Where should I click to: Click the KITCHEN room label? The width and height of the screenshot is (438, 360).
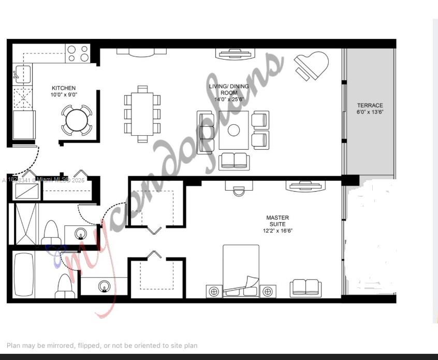click(x=63, y=92)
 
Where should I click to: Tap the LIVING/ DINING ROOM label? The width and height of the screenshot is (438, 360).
click(x=228, y=93)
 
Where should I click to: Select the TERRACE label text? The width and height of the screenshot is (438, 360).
click(x=370, y=109)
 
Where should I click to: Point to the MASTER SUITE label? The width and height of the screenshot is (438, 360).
click(x=278, y=224)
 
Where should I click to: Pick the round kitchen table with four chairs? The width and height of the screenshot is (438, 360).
click(x=77, y=120)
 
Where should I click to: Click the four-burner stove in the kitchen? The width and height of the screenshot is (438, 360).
click(x=78, y=53)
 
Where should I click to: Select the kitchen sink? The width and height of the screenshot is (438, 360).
click(x=22, y=74)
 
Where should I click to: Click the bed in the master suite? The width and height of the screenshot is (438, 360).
click(x=241, y=270)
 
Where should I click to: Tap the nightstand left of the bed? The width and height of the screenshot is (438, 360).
click(x=214, y=292)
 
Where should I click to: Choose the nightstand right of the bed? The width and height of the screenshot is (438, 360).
click(x=268, y=292)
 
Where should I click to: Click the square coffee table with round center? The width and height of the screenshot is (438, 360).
click(x=233, y=129)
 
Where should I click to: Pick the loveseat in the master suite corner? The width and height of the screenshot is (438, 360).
click(x=305, y=288)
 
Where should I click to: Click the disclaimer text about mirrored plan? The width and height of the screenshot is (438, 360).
click(x=102, y=345)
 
